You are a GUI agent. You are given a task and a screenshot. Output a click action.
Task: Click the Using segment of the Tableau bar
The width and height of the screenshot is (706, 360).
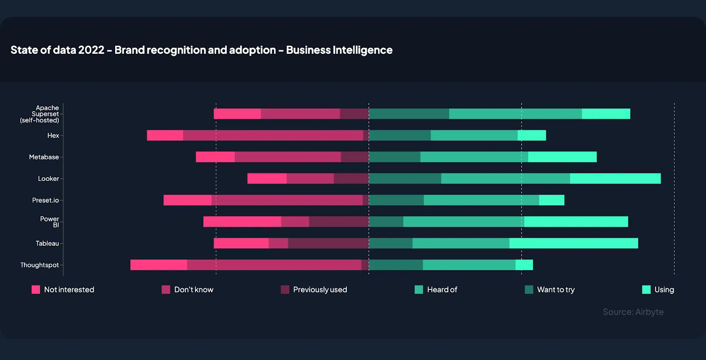pyautogui.click(x=574, y=243)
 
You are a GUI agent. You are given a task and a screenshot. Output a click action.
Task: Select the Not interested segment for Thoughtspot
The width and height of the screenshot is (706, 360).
pyautogui.click(x=158, y=265)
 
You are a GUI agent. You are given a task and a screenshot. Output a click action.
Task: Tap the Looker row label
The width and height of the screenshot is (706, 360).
pyautogui.click(x=48, y=179)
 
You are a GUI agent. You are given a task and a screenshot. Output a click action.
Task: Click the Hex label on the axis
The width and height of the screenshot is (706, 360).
pyautogui.click(x=53, y=135)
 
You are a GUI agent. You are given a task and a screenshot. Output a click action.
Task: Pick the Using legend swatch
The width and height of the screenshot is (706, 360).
pyautogui.click(x=646, y=289)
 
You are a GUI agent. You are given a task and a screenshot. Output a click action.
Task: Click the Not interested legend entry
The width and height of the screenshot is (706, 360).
pyautogui.click(x=63, y=289)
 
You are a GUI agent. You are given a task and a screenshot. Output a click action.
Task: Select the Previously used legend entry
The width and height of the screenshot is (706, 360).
pyautogui.click(x=314, y=289)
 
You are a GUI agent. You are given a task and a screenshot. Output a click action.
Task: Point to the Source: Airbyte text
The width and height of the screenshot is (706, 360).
pyautogui.click(x=633, y=312)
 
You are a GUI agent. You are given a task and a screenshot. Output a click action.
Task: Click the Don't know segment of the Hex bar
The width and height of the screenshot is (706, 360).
pyautogui.click(x=273, y=135)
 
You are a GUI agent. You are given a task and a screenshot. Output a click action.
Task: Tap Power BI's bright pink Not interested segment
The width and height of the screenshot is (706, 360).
pyautogui.click(x=242, y=221)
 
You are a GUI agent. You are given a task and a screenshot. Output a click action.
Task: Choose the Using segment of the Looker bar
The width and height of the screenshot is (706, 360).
pyautogui.click(x=615, y=179)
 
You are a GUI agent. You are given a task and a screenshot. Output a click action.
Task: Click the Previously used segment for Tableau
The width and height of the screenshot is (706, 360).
pyautogui.click(x=328, y=243)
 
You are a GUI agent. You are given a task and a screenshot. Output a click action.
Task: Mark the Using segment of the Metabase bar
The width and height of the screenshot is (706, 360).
pyautogui.click(x=562, y=157)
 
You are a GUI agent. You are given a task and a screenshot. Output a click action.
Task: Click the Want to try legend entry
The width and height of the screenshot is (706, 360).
pyautogui.click(x=550, y=289)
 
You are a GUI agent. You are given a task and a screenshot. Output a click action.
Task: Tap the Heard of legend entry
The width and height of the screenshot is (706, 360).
pyautogui.click(x=436, y=289)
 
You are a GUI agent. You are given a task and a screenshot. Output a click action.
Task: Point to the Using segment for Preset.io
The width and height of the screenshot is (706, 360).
pyautogui.click(x=552, y=200)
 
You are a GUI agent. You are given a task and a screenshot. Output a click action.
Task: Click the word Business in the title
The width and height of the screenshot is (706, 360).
pyautogui.click(x=308, y=50)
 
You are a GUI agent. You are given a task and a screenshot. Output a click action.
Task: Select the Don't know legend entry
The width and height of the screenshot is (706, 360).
pyautogui.click(x=188, y=289)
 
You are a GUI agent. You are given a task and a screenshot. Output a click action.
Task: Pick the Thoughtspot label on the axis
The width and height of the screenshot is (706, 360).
pyautogui.click(x=39, y=265)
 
